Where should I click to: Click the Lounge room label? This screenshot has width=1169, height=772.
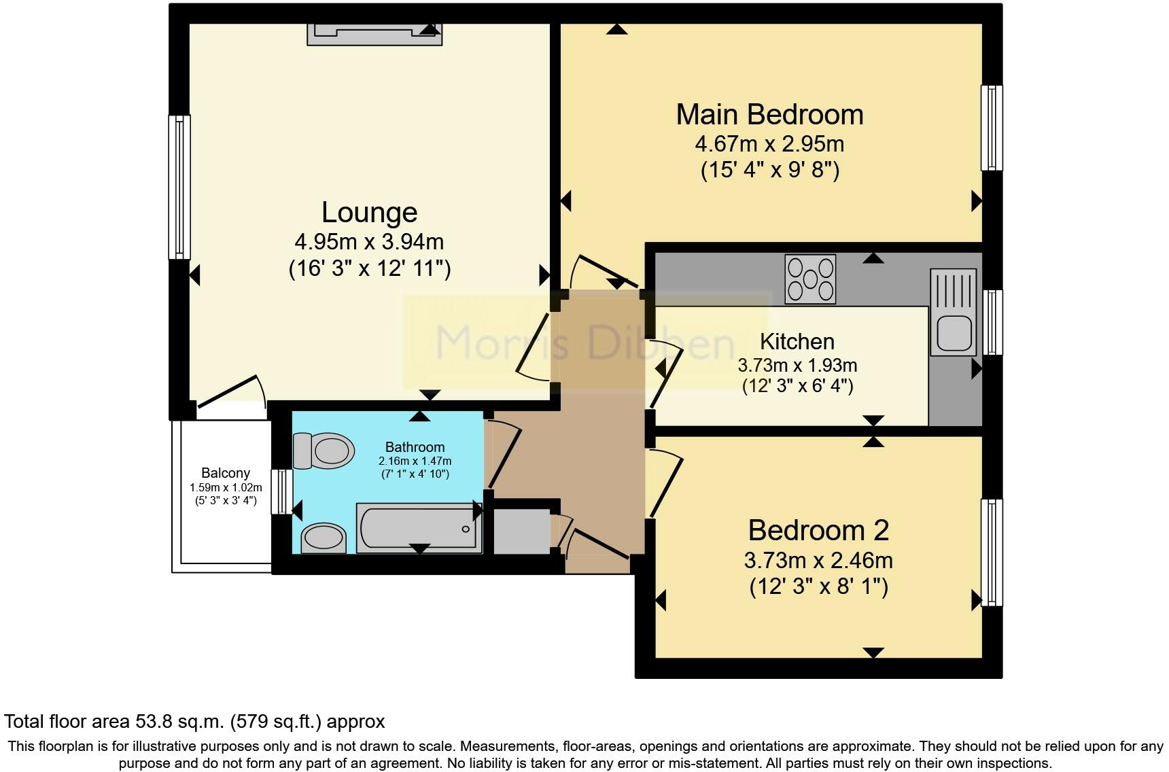click(x=369, y=213)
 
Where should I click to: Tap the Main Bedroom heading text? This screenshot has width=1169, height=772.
click(x=769, y=114)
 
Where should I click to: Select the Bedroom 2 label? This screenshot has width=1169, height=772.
click(x=818, y=530)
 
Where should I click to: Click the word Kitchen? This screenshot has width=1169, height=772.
click(x=797, y=341)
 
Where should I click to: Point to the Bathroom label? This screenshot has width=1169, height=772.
click(x=415, y=447)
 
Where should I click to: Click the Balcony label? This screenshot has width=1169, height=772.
click(x=226, y=473)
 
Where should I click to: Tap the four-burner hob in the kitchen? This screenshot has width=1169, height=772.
click(x=810, y=279)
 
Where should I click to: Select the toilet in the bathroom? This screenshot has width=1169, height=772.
click(x=324, y=450)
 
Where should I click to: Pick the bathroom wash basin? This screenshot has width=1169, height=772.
click(x=324, y=538)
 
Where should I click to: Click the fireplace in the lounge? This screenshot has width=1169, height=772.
click(x=374, y=34)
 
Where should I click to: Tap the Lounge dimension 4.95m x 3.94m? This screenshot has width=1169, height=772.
click(x=369, y=241)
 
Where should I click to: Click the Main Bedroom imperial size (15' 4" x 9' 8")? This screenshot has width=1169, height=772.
click(x=770, y=169)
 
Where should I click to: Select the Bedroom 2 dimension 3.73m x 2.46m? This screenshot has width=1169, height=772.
click(x=818, y=561)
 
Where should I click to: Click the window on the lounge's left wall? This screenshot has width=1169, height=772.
click(x=179, y=187)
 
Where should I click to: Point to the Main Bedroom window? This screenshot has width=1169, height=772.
click(x=992, y=127)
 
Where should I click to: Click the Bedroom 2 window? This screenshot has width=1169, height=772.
click(x=992, y=552)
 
